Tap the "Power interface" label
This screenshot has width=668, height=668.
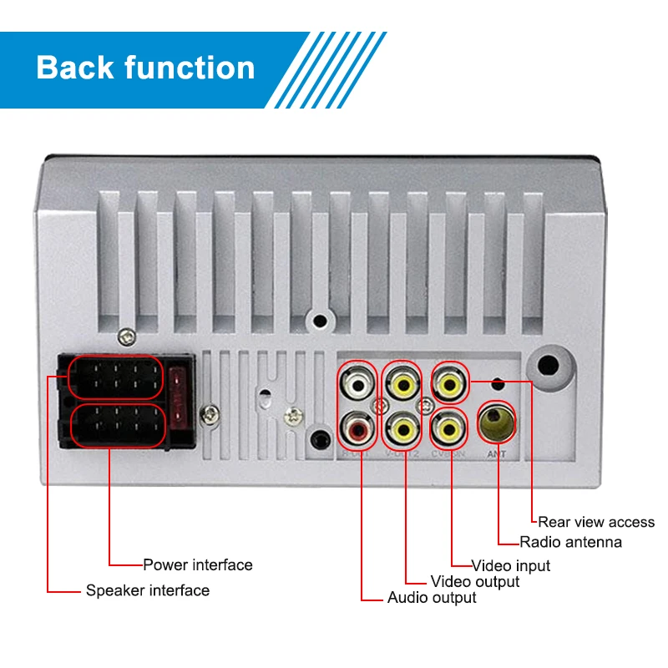coord(197,565)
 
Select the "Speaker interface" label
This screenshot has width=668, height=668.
coord(148,591)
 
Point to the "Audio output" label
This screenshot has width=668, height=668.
coord(432,598)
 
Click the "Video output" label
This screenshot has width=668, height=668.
coord(474,581)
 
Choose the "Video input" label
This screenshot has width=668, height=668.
coord(511,566)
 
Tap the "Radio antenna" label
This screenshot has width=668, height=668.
coord(570,543)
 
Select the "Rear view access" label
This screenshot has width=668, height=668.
coord(596,522)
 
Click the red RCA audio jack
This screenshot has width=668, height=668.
coord(357,430)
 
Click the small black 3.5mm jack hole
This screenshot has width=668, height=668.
coord(320,438)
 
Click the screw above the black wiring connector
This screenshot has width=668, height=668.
coord(127,337)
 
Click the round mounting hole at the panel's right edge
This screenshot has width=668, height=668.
coord(549,366)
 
